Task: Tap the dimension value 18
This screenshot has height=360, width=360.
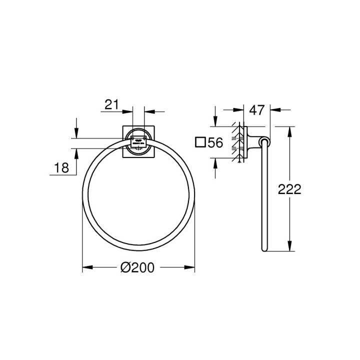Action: coord(61,168)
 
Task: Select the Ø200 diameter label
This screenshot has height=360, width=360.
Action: coord(137,268)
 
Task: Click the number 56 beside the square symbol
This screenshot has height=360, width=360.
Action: coord(215,143)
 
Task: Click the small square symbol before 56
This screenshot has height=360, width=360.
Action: coord(200,142)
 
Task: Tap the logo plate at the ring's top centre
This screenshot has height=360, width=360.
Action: coord(137,140)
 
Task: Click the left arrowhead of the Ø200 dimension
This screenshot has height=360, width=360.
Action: coord(85,267)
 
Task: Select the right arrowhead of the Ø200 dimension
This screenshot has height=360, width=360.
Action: coord(191,267)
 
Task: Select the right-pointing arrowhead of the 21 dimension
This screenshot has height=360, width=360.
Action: coord(129,111)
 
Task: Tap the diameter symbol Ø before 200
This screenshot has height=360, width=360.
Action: coord(125,268)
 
